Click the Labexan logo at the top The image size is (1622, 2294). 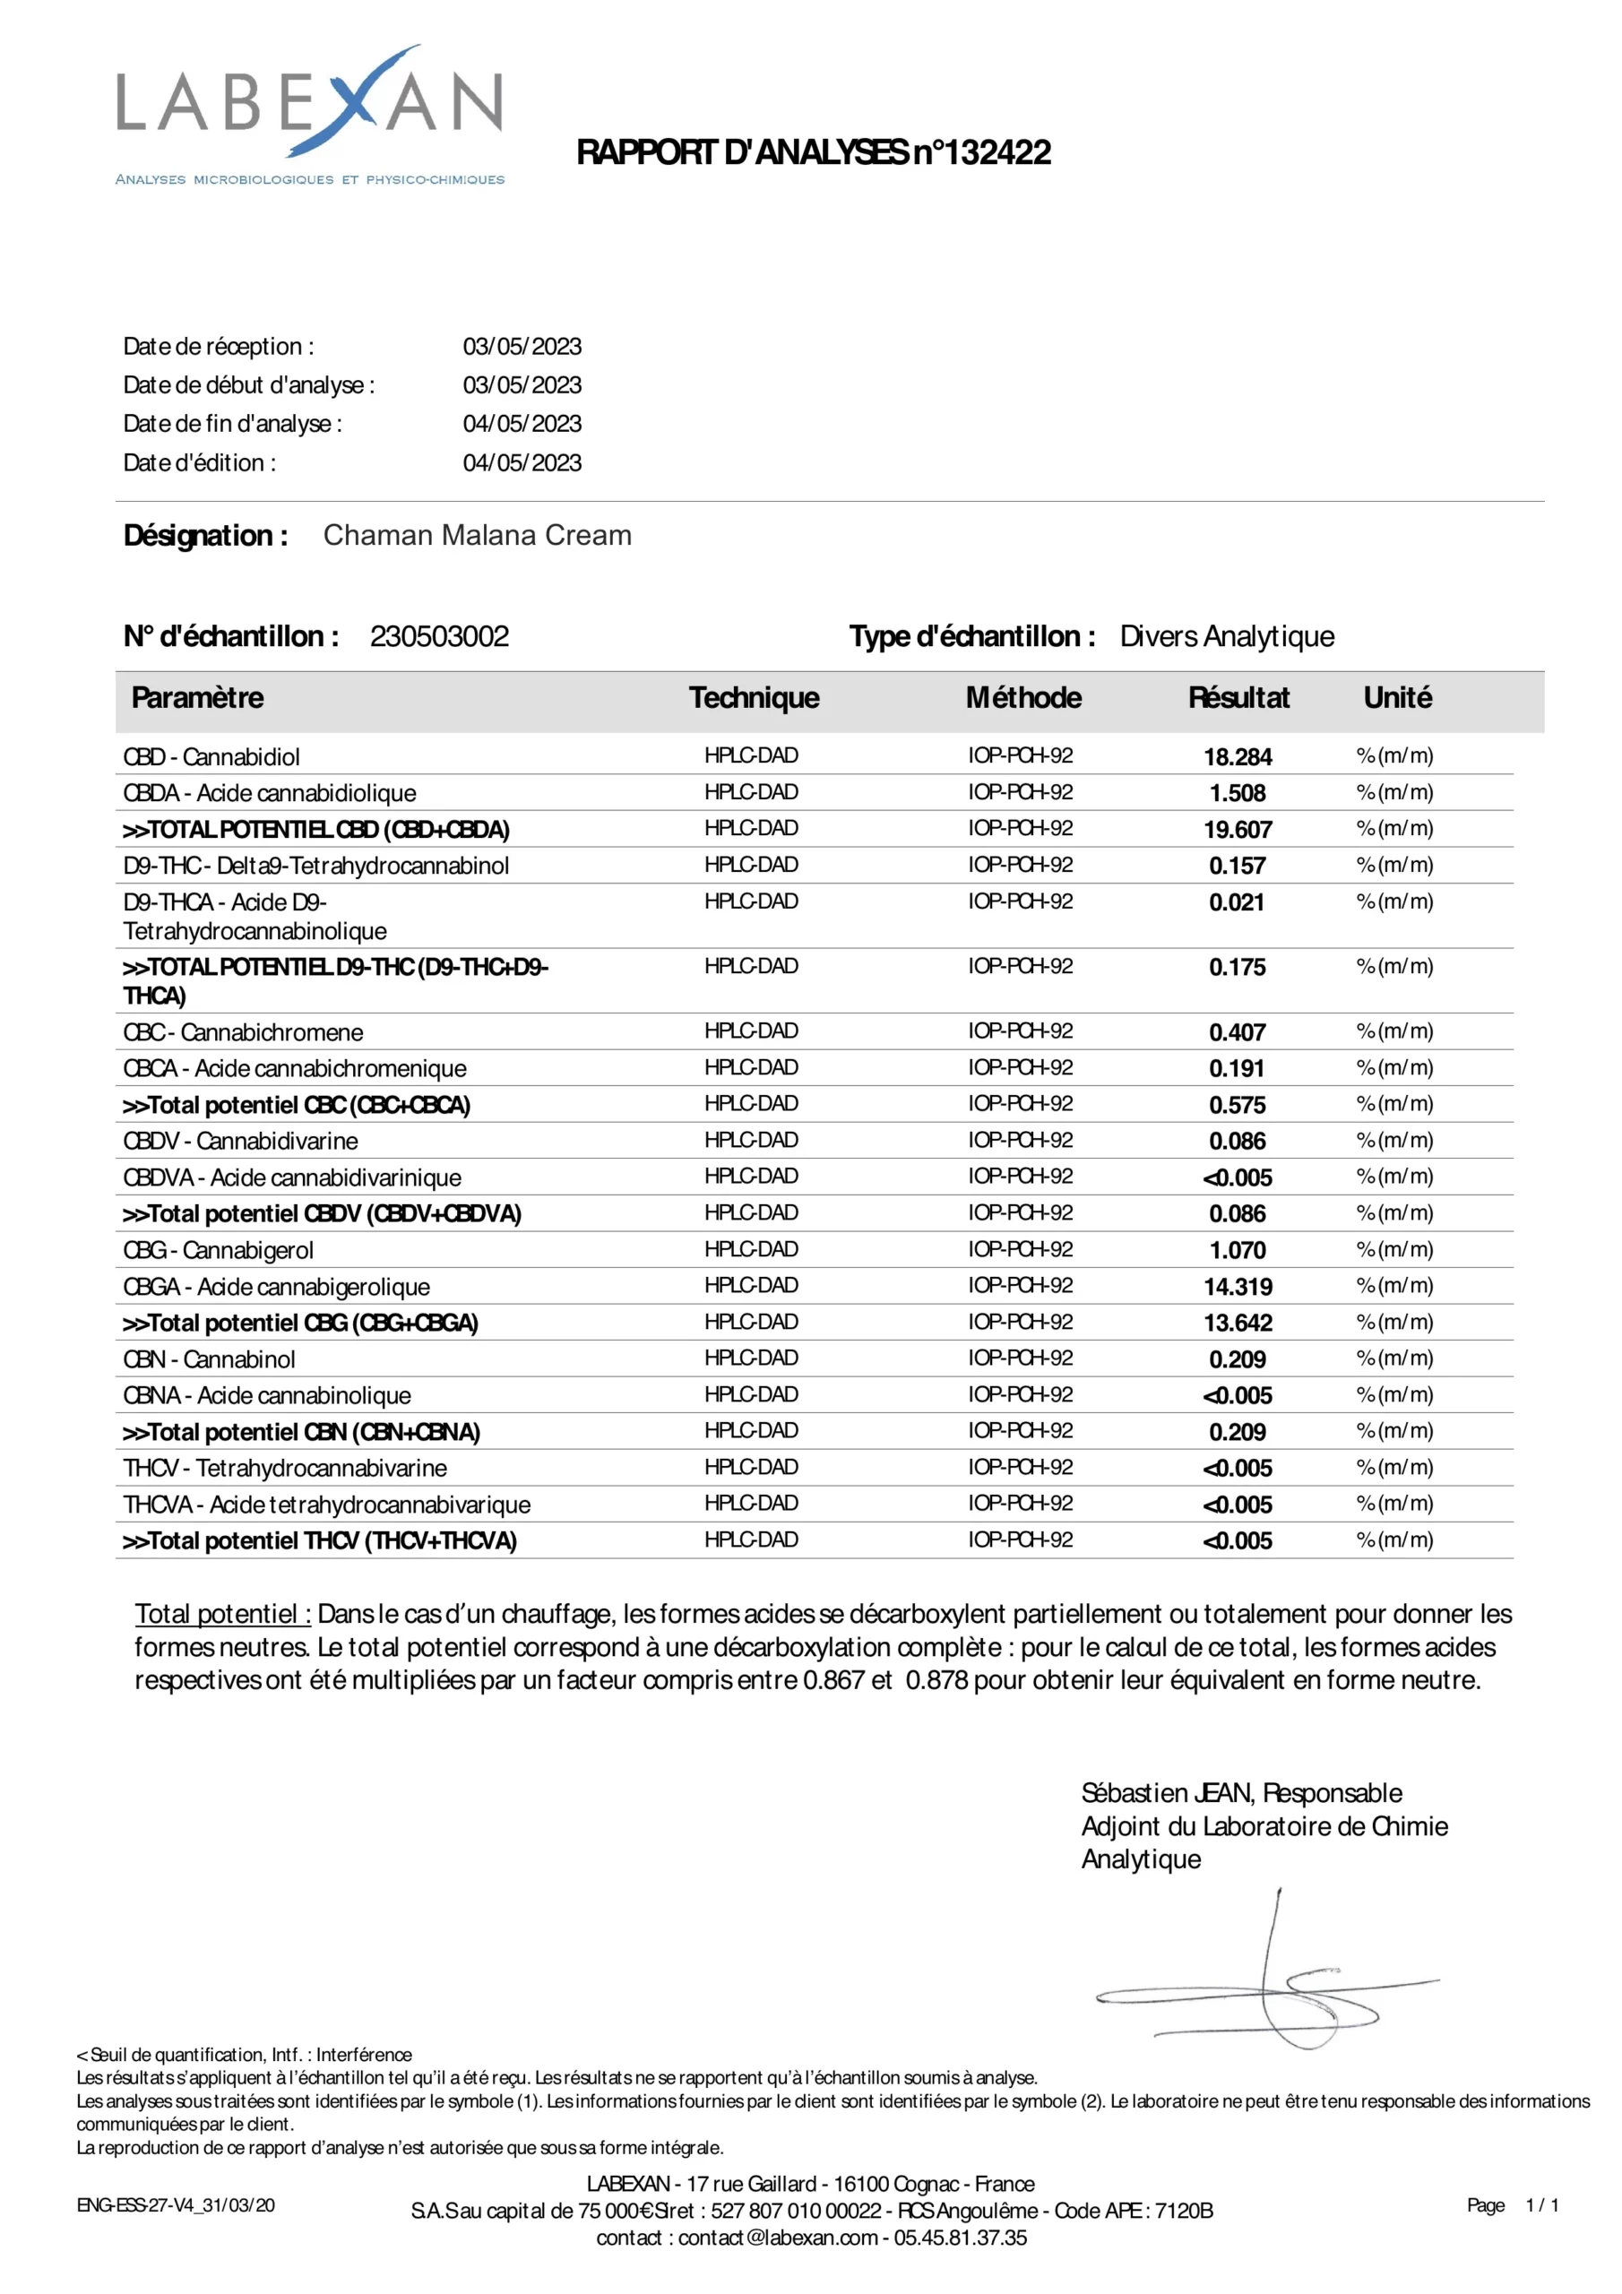coord(310,115)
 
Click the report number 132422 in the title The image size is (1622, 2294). coord(997,153)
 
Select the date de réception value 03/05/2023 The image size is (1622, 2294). coord(522,347)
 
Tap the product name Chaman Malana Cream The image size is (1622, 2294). coord(477,536)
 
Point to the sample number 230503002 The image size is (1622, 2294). coord(439,636)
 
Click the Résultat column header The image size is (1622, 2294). coord(1238,697)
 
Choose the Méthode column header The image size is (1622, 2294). coord(1023,697)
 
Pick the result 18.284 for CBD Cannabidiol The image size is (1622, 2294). coord(1238,756)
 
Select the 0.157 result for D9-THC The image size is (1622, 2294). coord(1238,866)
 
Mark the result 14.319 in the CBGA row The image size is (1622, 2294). coord(1238,1287)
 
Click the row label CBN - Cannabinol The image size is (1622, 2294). coord(209,1359)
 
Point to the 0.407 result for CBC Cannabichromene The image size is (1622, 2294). coord(1238,1032)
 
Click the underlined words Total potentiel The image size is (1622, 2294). coord(222,1615)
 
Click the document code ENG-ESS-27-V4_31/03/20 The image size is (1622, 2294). coord(176,2205)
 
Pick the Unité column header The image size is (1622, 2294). coord(1397,697)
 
